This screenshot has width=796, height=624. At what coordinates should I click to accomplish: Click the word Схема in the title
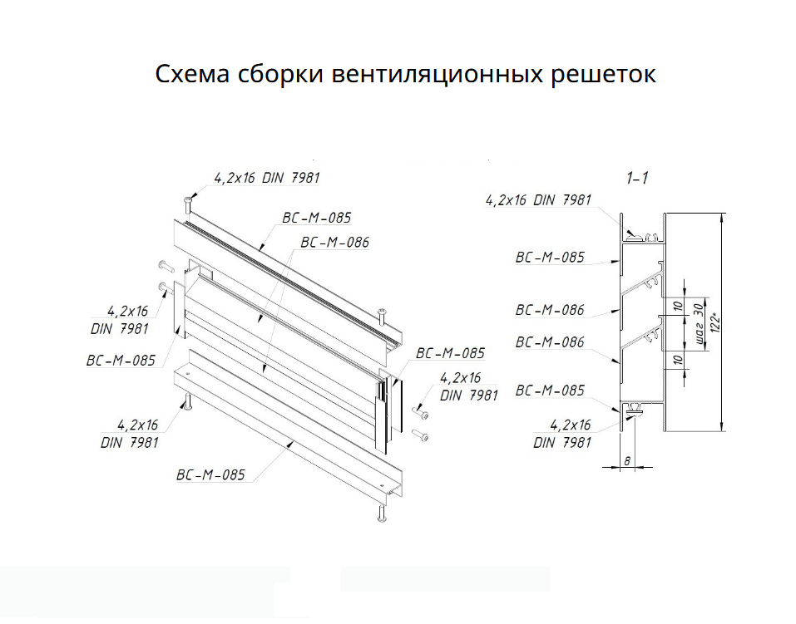[x=191, y=74]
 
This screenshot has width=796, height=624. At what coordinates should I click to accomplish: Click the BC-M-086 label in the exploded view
[x=334, y=243]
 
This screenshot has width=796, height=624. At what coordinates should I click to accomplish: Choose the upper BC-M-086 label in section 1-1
[x=549, y=310]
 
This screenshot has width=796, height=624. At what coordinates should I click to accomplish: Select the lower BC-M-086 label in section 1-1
[x=549, y=341]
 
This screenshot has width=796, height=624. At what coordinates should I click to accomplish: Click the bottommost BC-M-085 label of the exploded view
[x=210, y=476]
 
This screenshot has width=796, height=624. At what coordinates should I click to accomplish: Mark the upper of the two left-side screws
[x=163, y=267]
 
